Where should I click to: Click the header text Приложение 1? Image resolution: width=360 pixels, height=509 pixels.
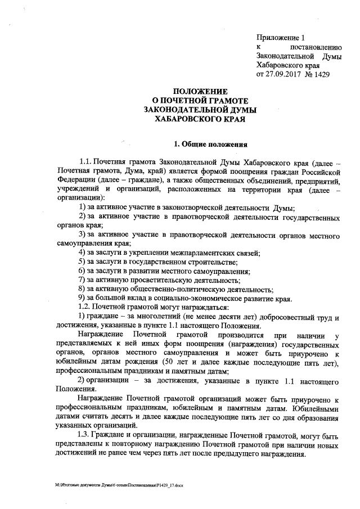tap(279, 37)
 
